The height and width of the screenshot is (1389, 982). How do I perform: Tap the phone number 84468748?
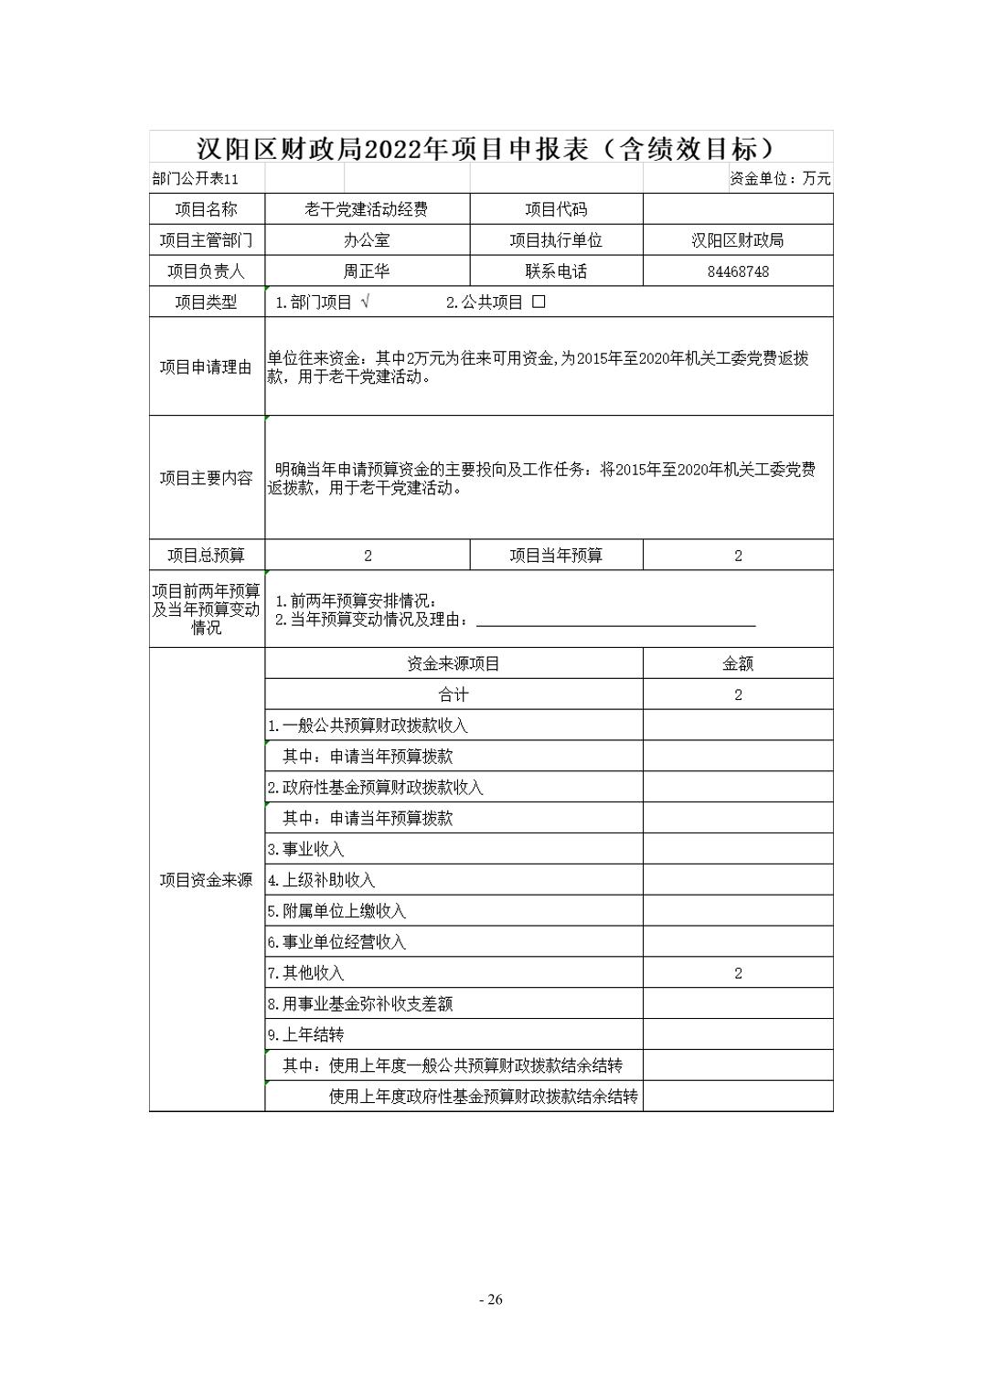[x=738, y=271]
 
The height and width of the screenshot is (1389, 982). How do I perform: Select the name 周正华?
[x=367, y=271]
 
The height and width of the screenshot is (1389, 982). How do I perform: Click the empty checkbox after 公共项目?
[x=539, y=302]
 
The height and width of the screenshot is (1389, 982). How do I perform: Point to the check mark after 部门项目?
[x=366, y=302]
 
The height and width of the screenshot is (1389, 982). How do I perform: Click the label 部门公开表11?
[x=195, y=179]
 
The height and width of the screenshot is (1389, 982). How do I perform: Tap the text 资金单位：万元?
[x=780, y=179]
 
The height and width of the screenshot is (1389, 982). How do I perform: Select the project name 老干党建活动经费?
[x=367, y=209]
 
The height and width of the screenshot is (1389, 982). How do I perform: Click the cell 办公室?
[x=367, y=240]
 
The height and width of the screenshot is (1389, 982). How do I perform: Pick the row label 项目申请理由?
[x=207, y=367]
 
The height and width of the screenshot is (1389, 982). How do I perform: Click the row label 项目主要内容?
[x=207, y=478]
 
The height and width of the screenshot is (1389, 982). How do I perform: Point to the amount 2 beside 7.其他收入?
[x=738, y=973]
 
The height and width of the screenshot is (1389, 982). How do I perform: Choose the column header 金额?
[x=738, y=663]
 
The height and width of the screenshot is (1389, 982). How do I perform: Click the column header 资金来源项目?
[x=454, y=663]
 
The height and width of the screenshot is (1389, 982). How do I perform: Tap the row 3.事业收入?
[x=306, y=849]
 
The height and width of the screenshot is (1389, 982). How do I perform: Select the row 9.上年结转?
[x=306, y=1034]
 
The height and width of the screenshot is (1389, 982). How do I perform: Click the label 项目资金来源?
[x=207, y=880]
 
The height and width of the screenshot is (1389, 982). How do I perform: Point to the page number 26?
[x=491, y=1299]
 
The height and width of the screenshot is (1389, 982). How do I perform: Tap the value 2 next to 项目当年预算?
[x=738, y=556]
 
